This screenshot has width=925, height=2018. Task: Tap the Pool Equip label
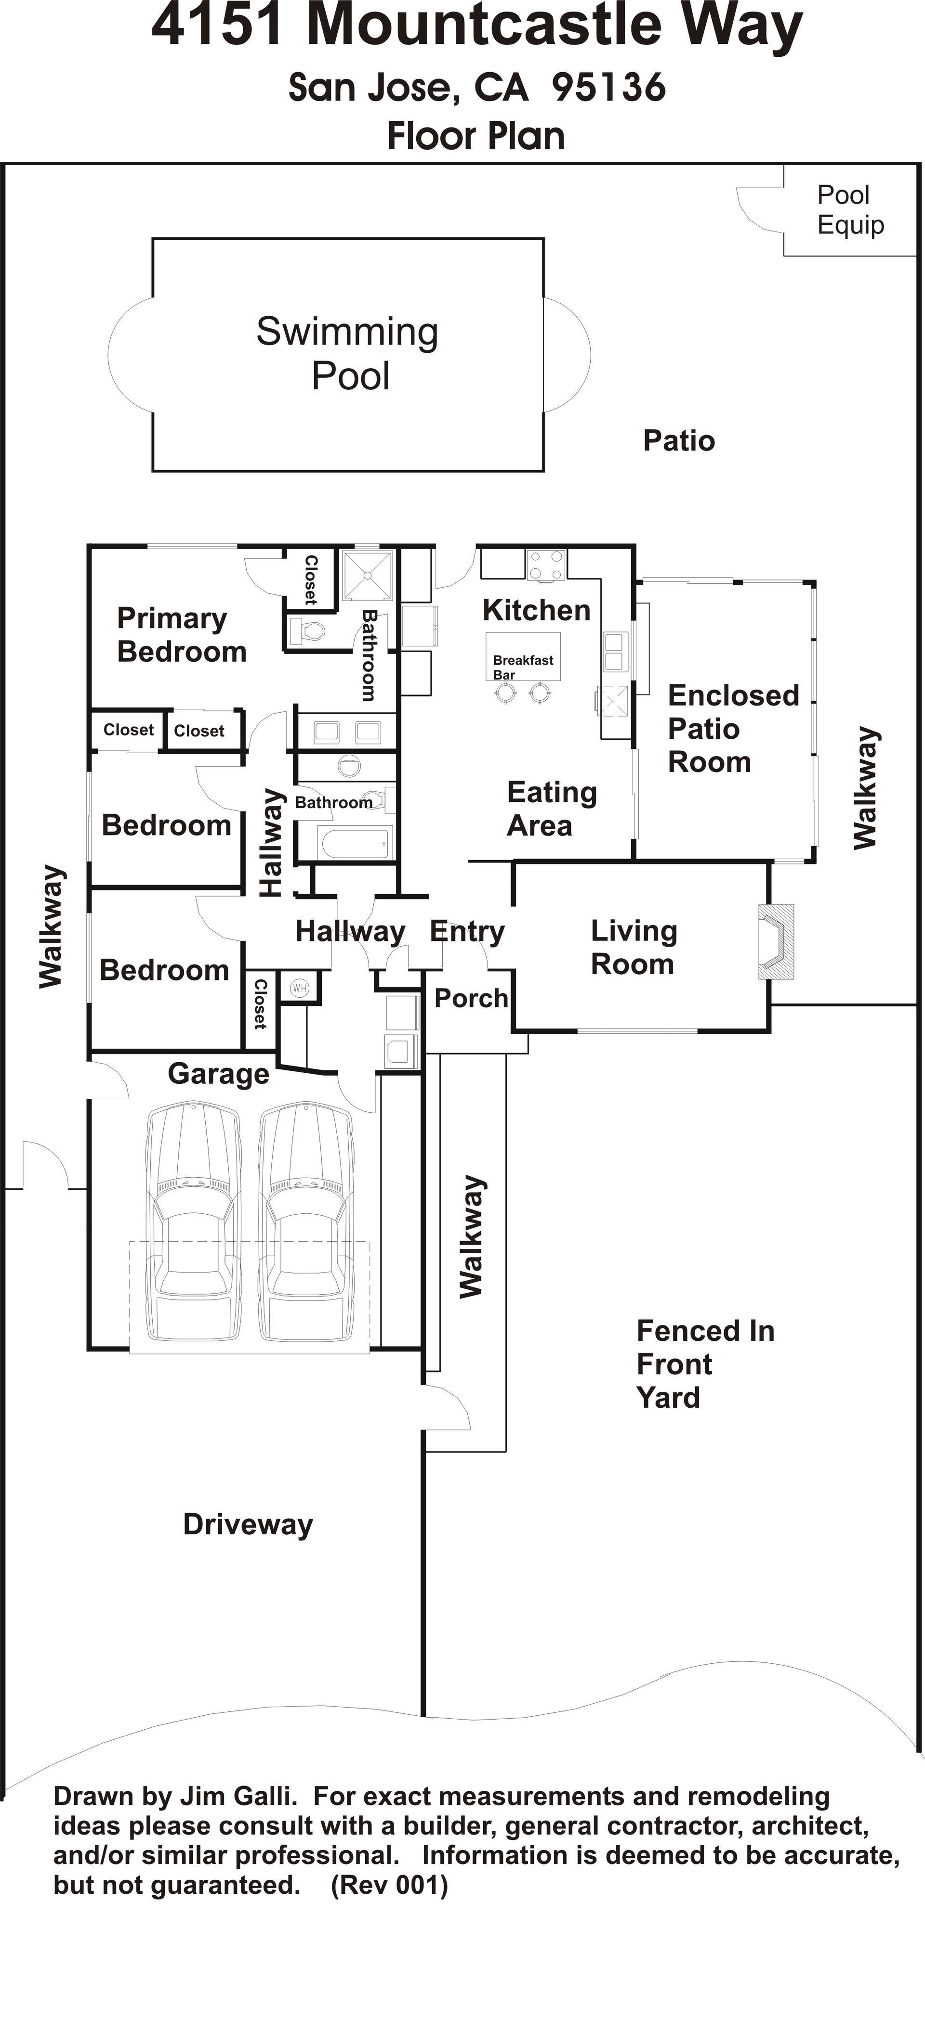pyautogui.click(x=850, y=210)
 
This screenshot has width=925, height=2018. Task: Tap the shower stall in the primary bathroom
pyautogui.click(x=367, y=575)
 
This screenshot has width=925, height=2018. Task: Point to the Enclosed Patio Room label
pyautogui.click(x=733, y=729)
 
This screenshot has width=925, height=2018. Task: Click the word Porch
pyautogui.click(x=471, y=998)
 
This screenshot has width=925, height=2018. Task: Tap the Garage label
pyautogui.click(x=219, y=1074)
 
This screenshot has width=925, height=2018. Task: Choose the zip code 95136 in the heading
pyautogui.click(x=609, y=87)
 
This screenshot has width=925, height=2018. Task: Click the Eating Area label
pyautogui.click(x=552, y=809)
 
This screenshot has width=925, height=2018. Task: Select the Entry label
pyautogui.click(x=467, y=932)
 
